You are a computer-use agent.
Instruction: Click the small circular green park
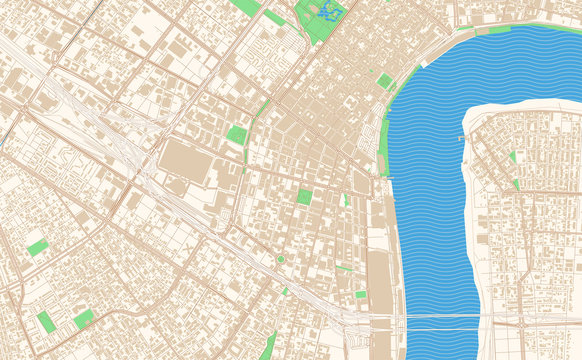[x=281, y=260]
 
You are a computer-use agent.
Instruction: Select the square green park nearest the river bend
[x=385, y=81]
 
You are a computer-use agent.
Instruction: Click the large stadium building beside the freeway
[x=186, y=159]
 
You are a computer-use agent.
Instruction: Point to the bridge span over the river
[x=440, y=318]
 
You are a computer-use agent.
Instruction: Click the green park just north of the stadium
[x=237, y=134]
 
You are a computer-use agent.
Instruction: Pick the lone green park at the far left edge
[x=37, y=246]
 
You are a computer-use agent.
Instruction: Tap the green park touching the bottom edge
[x=268, y=347]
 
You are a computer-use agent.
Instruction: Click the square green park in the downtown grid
[x=304, y=197]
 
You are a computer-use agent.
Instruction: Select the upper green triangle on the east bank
[x=512, y=157]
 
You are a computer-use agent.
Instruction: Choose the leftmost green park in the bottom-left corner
[x=46, y=321]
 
